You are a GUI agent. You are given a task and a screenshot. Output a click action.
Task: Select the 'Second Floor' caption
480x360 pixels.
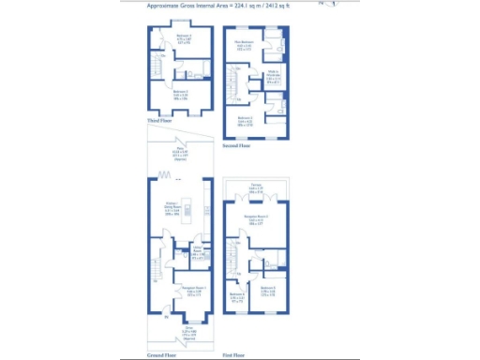pos(236,146)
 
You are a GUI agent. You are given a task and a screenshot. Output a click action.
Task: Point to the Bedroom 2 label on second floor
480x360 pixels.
pos(245,120)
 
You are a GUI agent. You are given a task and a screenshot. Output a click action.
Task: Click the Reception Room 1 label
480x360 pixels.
pos(181,291)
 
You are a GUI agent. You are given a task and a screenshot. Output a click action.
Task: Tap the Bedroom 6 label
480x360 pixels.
pos(238,298)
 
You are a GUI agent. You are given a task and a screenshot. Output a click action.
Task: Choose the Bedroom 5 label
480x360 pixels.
pos(267,291)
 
